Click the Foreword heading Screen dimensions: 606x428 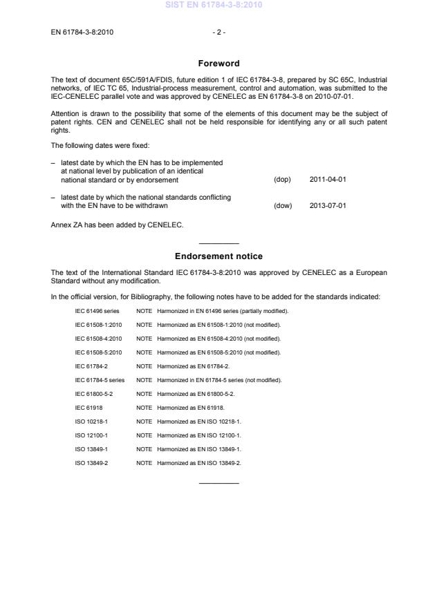click(218, 63)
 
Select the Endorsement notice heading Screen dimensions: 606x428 click(218, 256)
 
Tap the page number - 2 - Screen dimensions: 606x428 click(218, 32)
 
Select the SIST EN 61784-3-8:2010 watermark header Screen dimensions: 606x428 click(214, 6)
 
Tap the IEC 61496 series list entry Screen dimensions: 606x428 click(97, 311)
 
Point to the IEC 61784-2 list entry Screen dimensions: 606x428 click(91, 366)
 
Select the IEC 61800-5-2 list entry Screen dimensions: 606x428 click(93, 394)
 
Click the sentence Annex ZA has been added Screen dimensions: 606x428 click(116, 224)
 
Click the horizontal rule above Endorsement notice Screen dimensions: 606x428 click(218, 243)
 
